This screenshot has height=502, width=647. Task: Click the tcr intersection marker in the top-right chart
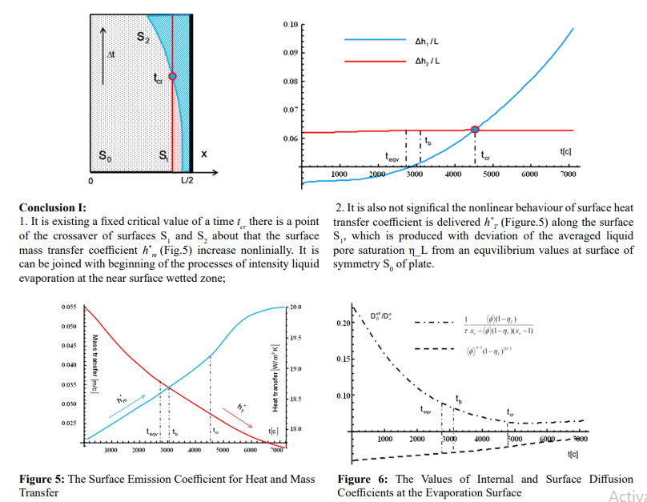[x=475, y=129]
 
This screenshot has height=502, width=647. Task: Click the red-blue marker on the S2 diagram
[x=172, y=76]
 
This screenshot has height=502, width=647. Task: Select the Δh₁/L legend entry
[x=426, y=39]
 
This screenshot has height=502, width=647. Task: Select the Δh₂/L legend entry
[x=426, y=62]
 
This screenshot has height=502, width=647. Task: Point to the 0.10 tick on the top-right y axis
[x=290, y=25]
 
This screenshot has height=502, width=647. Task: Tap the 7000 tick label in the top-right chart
[x=568, y=174]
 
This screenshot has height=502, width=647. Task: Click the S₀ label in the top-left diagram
[x=105, y=156]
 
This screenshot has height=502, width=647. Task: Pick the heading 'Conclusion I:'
[x=53, y=207]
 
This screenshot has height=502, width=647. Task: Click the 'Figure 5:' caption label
[x=42, y=479]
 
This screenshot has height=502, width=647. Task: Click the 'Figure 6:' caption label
[x=364, y=479]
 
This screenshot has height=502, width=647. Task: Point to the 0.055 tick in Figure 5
[x=70, y=307]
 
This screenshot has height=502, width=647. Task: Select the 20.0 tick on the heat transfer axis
[x=295, y=307]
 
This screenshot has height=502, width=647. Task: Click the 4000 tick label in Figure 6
[x=482, y=440]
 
